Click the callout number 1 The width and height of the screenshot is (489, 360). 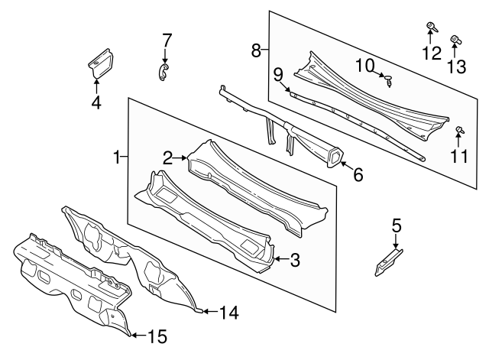(117, 157)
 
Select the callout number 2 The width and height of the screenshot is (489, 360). (167, 158)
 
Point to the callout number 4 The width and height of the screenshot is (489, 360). (96, 101)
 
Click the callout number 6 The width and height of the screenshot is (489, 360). (358, 175)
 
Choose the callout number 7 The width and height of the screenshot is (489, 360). (167, 40)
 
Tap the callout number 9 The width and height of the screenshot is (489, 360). (278, 73)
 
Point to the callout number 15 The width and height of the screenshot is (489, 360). (156, 336)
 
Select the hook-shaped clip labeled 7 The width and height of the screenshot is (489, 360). (162, 71)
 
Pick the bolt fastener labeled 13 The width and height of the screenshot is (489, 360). (456, 39)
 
